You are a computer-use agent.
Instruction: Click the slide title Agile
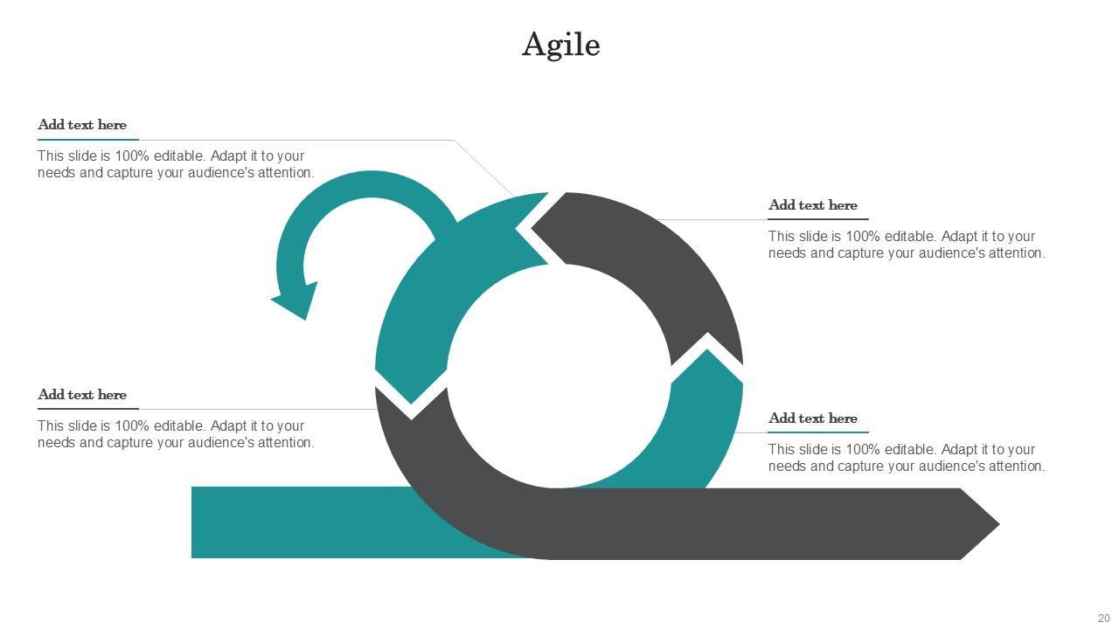(560, 45)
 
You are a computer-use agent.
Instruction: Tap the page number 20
(1103, 619)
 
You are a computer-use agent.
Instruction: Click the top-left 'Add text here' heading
(82, 125)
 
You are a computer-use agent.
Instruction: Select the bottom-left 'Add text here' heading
(82, 395)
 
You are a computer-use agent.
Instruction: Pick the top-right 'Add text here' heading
(812, 205)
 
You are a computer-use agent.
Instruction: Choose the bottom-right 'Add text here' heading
(812, 418)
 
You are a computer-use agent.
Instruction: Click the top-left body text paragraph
(175, 164)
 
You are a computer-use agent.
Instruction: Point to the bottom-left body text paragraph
(175, 434)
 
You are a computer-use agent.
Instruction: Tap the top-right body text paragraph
(906, 245)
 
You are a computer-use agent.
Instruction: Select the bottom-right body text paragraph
(906, 458)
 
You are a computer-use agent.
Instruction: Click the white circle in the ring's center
(559, 376)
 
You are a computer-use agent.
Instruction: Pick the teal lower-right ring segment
(704, 428)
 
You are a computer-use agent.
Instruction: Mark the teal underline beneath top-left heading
(87, 140)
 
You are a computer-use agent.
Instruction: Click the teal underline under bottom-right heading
(818, 432)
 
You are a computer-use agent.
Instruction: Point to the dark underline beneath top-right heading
(818, 219)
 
